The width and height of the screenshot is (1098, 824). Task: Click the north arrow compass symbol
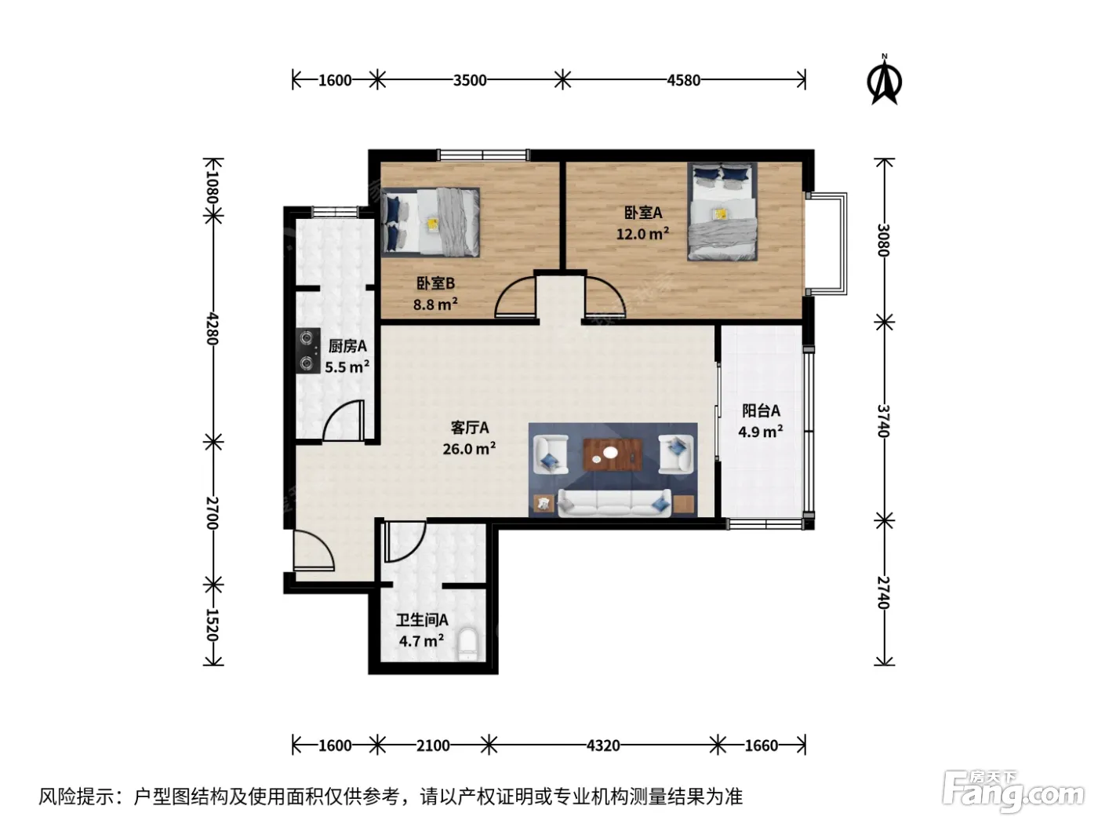coord(884,80)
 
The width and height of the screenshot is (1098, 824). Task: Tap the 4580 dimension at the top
coord(683,80)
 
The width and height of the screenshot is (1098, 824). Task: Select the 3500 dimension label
coord(470,80)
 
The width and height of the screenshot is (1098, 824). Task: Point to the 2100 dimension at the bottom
coord(433,746)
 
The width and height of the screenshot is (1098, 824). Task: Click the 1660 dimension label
coord(762,746)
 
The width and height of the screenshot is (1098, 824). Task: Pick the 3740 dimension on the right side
coord(884,421)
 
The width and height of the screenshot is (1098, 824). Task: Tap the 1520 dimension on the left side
coord(213,625)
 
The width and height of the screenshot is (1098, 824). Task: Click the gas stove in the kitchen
coord(307,351)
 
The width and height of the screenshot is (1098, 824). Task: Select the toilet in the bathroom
coord(469,645)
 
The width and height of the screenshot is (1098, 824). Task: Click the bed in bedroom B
coord(431,222)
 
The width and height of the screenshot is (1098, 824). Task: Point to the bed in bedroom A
coord(722,211)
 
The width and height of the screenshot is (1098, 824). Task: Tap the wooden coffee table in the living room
coord(613,454)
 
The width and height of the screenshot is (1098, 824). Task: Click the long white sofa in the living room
coord(614,503)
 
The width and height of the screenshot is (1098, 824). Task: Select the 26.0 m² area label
coord(469,448)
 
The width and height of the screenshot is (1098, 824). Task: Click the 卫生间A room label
coord(422,621)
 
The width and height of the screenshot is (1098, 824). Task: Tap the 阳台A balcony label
coord(761,410)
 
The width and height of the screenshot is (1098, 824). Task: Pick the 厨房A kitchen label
coord(347,346)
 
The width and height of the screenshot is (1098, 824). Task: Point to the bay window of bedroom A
coord(827,243)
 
